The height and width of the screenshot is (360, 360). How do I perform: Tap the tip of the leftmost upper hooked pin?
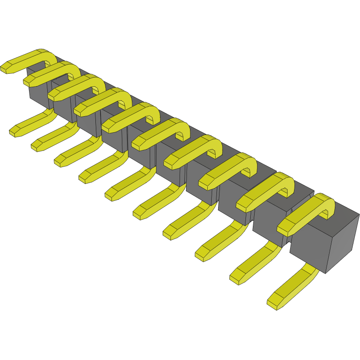coord(6,67)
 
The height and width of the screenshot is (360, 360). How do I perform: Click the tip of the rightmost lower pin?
coord(273,303)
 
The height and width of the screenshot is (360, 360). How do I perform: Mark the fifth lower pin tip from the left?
coord(111,195)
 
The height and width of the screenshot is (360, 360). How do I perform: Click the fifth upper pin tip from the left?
coord(108,126)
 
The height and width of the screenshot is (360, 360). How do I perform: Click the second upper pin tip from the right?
coord(243,202)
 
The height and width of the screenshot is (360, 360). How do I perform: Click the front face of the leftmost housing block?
coord(37,93)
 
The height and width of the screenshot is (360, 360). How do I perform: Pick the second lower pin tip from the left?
coord(36,145)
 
